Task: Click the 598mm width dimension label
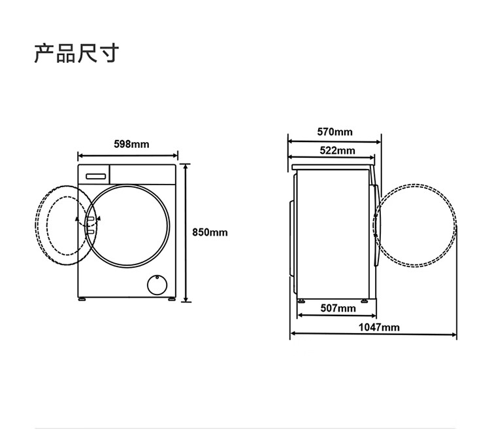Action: tap(131, 144)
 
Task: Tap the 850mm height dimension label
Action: tap(210, 232)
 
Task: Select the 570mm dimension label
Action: tap(335, 132)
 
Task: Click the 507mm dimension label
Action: tap(338, 308)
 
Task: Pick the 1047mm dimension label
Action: tap(379, 327)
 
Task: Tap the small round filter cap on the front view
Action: tap(155, 284)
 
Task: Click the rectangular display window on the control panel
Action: tap(97, 175)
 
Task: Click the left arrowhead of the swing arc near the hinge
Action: tap(77, 219)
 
